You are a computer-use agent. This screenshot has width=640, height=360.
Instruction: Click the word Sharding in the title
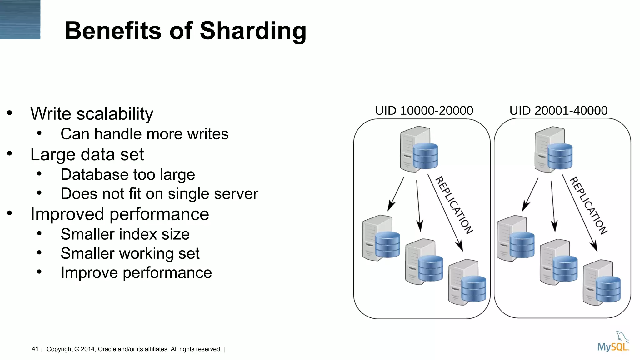(x=253, y=31)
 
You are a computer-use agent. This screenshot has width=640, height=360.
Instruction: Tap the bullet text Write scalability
(x=92, y=114)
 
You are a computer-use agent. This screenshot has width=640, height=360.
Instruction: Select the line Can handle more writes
(x=144, y=134)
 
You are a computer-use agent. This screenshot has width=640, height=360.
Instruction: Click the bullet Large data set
(x=87, y=154)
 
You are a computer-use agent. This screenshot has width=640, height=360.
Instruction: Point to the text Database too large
(x=127, y=174)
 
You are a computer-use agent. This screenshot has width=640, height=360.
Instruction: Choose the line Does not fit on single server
(x=159, y=194)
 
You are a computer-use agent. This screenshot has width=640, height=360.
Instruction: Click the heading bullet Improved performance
(x=119, y=214)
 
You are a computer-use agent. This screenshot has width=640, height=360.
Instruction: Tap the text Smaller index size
(x=125, y=234)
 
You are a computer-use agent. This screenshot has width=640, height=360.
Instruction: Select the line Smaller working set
(x=130, y=253)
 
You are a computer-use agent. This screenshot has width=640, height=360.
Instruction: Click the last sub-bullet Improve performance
(x=136, y=272)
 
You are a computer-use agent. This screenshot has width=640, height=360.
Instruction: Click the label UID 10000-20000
(x=424, y=111)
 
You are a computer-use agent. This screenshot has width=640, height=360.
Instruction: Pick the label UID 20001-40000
(x=558, y=111)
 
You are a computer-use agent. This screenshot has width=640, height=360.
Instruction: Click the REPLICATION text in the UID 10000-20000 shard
(x=454, y=205)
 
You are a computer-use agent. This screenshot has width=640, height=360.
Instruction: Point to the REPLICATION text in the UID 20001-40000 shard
(x=588, y=206)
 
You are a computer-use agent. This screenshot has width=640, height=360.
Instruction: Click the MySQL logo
(x=613, y=343)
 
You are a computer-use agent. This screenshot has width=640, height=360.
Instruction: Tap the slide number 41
(x=35, y=349)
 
